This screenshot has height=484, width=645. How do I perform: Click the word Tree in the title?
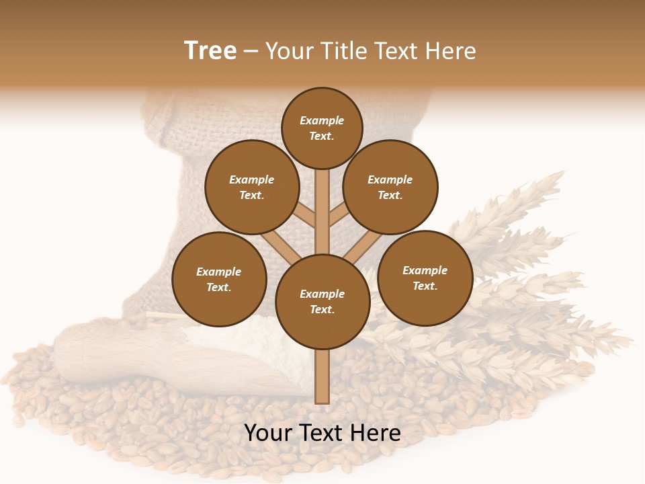tap(210, 51)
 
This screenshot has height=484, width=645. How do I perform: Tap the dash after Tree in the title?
tap(251, 52)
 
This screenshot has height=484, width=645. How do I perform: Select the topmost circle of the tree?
tap(322, 128)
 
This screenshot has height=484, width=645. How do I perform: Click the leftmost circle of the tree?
tap(219, 279)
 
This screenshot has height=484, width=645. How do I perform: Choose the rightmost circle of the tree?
tap(425, 278)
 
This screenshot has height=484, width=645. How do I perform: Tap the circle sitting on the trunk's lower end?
tap(322, 301)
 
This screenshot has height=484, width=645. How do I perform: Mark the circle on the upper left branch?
tap(252, 187)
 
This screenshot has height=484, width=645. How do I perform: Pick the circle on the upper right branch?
tap(390, 187)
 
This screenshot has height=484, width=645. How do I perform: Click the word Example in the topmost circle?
tap(322, 121)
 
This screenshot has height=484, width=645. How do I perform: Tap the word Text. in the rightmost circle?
tap(425, 286)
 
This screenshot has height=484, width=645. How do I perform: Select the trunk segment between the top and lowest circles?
tap(322, 212)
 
